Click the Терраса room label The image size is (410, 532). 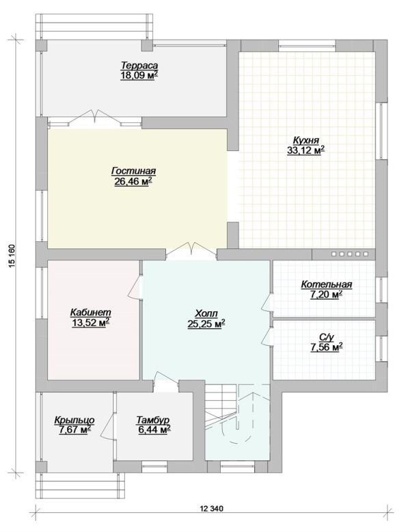coord(139,65)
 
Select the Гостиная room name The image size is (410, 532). coord(133,171)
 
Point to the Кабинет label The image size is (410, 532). coord(91,312)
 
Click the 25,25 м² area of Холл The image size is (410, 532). coord(206,324)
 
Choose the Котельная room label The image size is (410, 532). coord(327,284)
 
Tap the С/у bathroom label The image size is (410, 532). coord(327,337)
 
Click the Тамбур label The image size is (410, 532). coord(152,420)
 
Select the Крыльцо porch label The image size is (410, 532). coord(74,420)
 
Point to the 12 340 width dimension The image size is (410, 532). coord(212,508)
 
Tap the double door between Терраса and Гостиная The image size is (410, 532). coord(95,119)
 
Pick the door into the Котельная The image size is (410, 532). coord(268,302)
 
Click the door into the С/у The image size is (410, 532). coord(268,336)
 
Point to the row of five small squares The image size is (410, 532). coord(349,254)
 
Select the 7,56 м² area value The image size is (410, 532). coord(326,347)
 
